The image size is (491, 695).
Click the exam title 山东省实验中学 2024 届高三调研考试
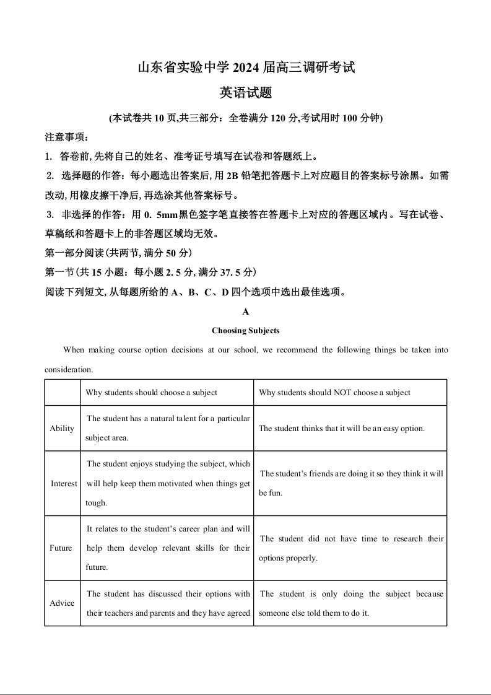pos(246,68)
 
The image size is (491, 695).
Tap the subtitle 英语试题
pos(246,93)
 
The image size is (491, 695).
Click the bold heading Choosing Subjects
pos(246,331)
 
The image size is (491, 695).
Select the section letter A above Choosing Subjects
pos(246,312)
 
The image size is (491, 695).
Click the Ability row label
pos(62,428)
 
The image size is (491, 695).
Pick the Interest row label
pos(64,483)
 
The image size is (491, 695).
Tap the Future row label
pos(61,548)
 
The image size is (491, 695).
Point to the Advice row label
pos(62,603)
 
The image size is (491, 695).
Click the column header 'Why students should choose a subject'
pos(152,393)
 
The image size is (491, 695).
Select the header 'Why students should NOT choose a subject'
pos(334,393)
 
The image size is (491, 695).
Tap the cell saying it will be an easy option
pos(342,428)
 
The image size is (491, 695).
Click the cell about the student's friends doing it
pos(351,483)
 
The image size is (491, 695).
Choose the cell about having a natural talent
pos(168,428)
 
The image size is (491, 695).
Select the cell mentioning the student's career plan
pos(168,548)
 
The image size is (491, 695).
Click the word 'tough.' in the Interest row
pos(96,503)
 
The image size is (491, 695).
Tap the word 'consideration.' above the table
pos(69,370)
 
